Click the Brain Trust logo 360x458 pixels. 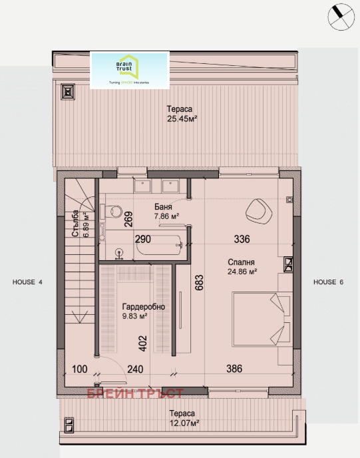(x=130, y=71)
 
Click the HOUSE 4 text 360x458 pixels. (x=27, y=282)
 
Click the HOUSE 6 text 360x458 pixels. (x=329, y=282)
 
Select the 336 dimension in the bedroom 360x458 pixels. (x=241, y=238)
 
